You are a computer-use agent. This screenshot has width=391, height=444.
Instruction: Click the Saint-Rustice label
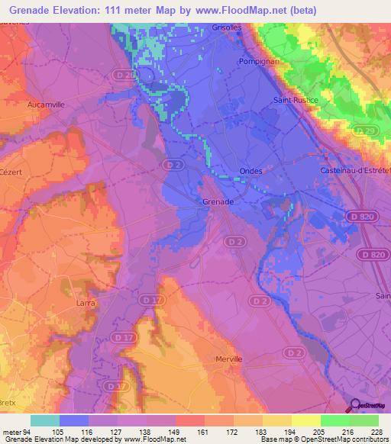pyautogui.click(x=294, y=100)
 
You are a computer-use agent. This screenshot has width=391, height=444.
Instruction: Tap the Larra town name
pyautogui.click(x=86, y=303)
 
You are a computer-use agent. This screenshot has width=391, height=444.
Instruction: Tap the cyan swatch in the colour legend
pyautogui.click(x=44, y=420)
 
